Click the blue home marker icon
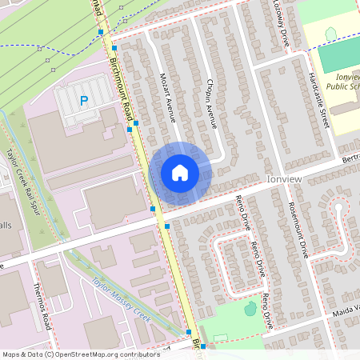[x=180, y=172]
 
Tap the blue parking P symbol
[x=83, y=101]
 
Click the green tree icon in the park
[x=250, y=308]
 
